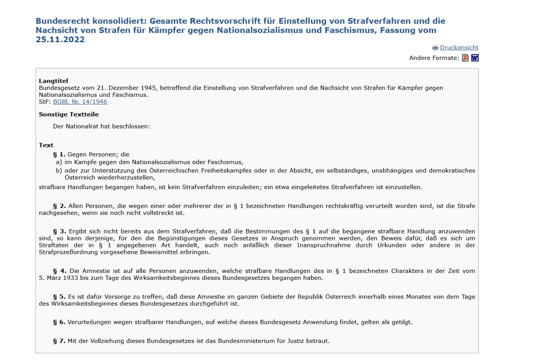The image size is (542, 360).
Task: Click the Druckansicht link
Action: coord(459,48)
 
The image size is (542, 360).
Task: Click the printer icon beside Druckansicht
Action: coord(435,48)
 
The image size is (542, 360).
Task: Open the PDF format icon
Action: coord(465,58)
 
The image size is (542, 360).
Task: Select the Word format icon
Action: coord(475,58)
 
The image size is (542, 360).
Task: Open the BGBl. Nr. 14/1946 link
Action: coord(80,102)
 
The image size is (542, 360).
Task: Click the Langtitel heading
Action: coord(53,81)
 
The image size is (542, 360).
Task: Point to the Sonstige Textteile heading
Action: coord(69,115)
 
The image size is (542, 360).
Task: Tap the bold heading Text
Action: coord(46,145)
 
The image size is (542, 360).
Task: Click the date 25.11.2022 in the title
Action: coord(60,39)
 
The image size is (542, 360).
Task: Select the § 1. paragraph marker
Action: coord(59,154)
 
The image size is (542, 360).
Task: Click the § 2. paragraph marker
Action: coord(59,206)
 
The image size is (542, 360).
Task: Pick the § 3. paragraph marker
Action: coord(60,231)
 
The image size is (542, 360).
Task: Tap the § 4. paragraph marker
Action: coord(60,271)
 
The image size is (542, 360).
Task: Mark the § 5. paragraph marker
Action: coord(59,297)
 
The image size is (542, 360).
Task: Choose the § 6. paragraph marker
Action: coord(59,322)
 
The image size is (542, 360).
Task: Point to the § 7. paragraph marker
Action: coord(59,341)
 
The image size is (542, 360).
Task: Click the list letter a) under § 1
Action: coord(59,162)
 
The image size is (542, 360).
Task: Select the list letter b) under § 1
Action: coord(59,171)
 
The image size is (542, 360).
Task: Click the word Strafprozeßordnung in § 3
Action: coord(69,252)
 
